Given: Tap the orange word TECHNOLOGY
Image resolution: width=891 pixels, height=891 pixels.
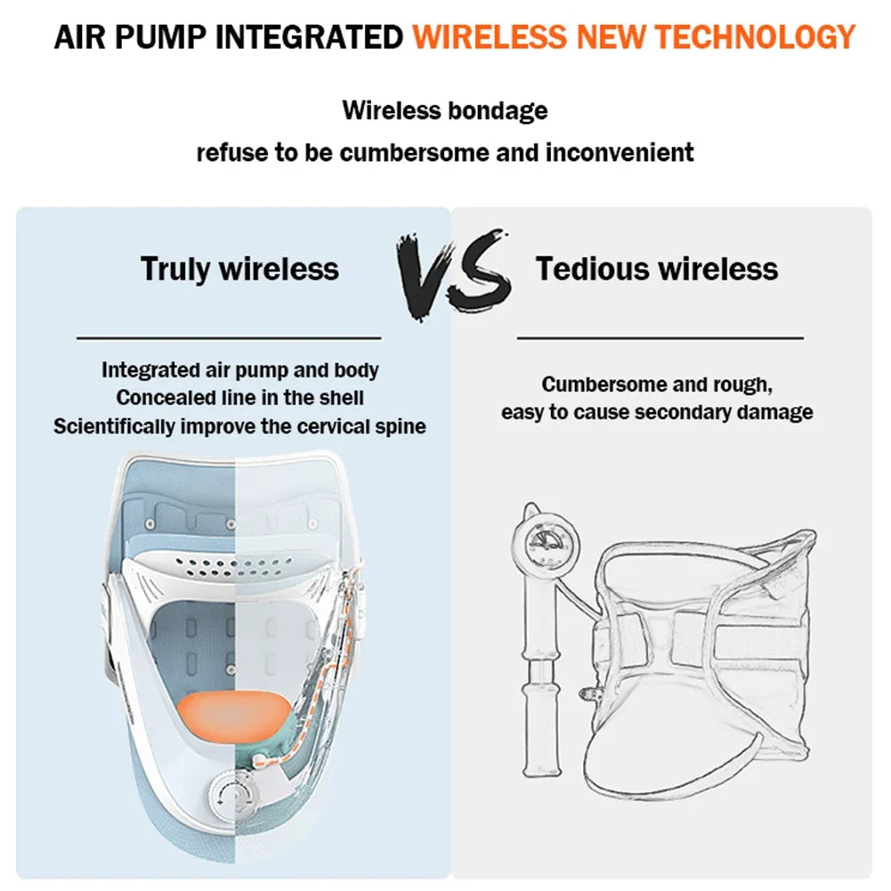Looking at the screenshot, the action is point(755,37).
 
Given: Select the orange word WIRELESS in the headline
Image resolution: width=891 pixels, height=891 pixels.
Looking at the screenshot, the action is point(490,37).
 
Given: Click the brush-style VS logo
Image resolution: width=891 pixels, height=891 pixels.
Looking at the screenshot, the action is point(453,274).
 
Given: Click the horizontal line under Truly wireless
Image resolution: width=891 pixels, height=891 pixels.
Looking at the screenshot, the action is point(229,338).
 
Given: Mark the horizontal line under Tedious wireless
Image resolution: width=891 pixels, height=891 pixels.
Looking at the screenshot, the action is point(660,338).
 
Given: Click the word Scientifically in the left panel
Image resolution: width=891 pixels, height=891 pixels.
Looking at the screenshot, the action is point(114,426).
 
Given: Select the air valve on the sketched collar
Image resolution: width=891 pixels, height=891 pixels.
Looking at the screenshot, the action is point(589,693).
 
